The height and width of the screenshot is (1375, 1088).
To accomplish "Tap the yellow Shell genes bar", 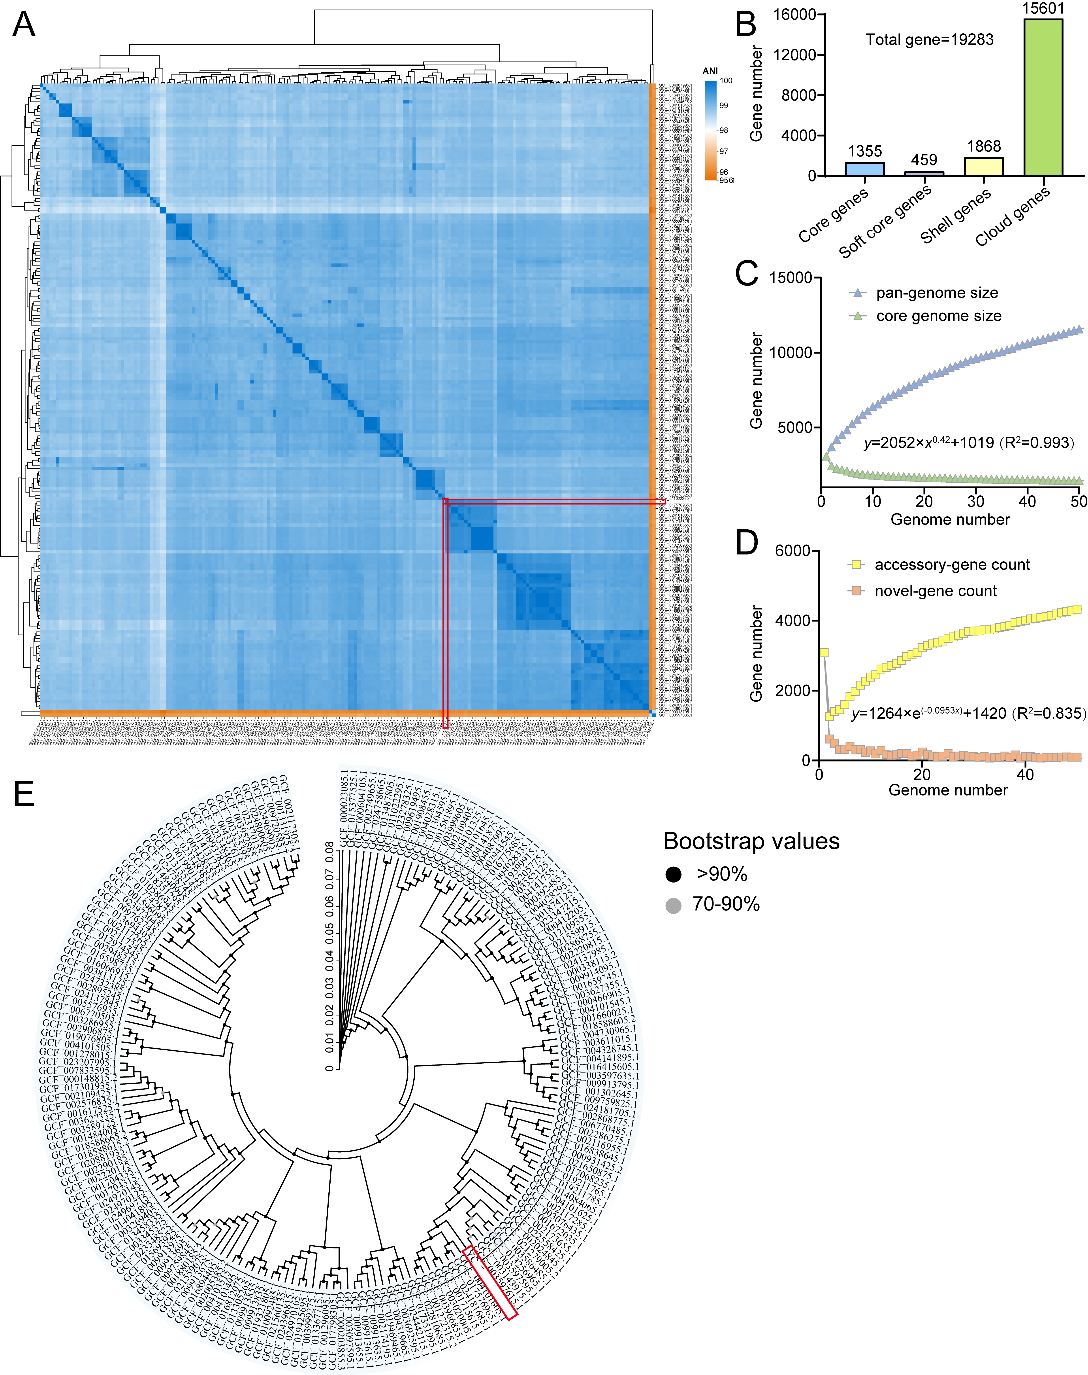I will [x=984, y=166].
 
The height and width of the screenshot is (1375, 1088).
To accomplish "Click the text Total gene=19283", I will [x=929, y=40].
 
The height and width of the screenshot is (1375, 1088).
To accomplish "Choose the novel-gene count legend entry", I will [x=935, y=591].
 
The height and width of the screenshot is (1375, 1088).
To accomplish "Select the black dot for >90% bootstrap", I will [x=673, y=875].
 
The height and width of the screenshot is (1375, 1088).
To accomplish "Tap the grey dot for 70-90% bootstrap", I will [x=673, y=905].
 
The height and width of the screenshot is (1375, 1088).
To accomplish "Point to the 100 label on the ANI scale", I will [x=726, y=81].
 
